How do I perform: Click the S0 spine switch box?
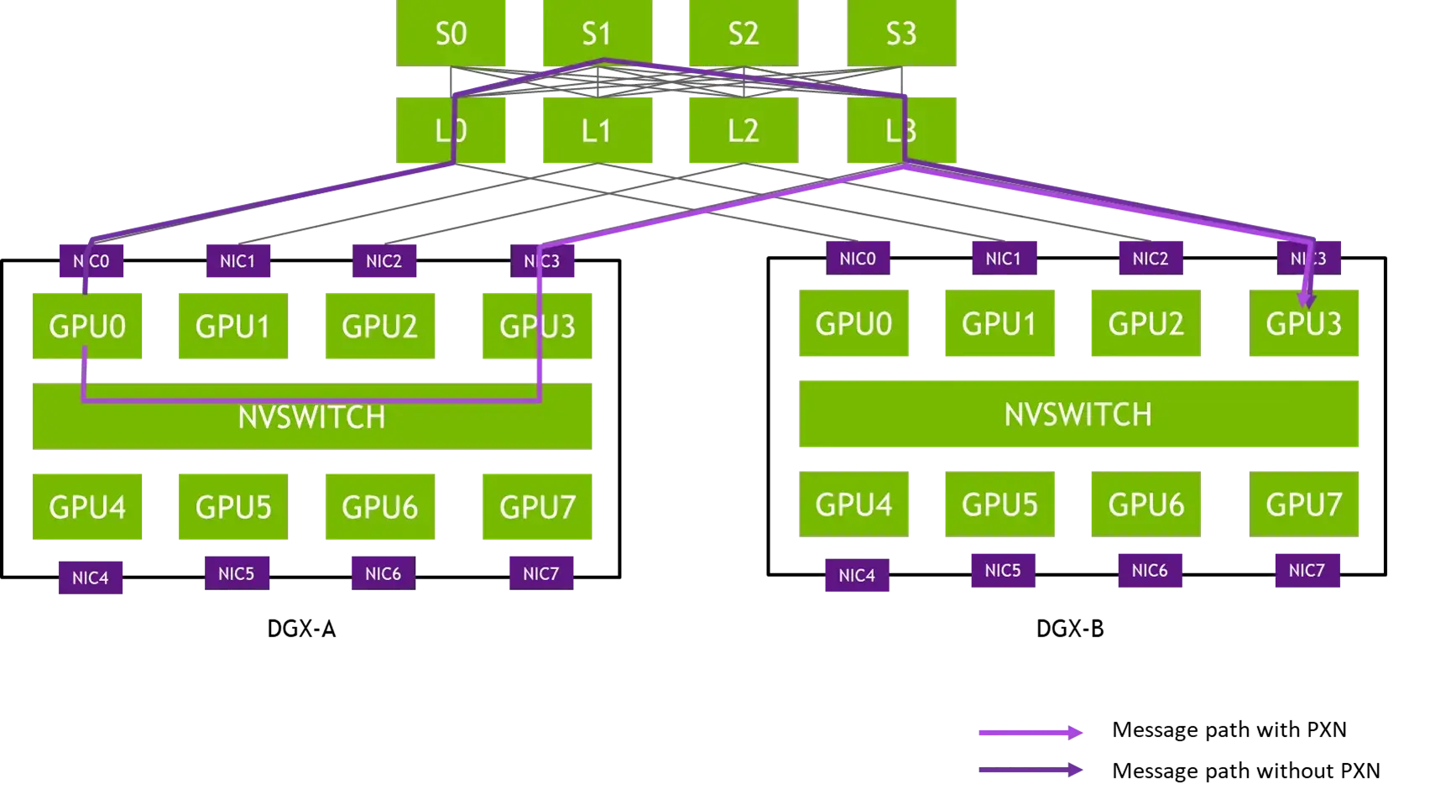[x=452, y=33]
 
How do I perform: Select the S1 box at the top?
[x=597, y=33]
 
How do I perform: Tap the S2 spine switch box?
[x=743, y=33]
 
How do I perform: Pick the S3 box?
[x=902, y=33]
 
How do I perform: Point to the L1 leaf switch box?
[x=597, y=130]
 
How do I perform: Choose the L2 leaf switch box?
[x=743, y=130]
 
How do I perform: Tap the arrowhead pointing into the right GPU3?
[x=1306, y=299]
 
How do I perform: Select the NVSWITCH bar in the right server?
[x=1079, y=413]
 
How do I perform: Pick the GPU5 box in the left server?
[x=232, y=507]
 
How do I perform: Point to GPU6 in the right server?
[x=1146, y=504]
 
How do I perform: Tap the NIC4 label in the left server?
[x=91, y=578]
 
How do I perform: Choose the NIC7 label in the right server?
[x=1307, y=571]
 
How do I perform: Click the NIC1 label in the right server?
[x=1003, y=259]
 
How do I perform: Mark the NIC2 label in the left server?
[x=384, y=261]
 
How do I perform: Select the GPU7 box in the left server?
[x=537, y=507]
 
